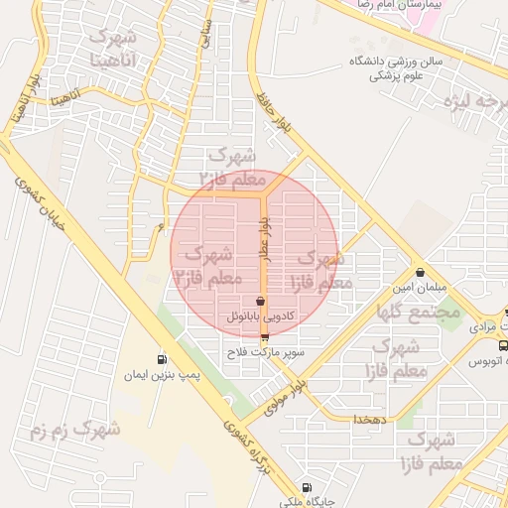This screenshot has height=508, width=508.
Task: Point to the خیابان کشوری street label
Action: [x=41, y=208]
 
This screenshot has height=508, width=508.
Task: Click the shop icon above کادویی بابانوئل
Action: [x=260, y=300]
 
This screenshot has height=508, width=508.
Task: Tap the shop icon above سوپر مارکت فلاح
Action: [x=264, y=337]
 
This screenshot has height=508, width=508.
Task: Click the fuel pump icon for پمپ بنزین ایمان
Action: [x=161, y=359]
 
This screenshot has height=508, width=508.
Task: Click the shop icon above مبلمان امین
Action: [x=420, y=271]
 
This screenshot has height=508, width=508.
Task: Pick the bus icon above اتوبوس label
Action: [x=504, y=345]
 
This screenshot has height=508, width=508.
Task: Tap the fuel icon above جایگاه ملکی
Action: [x=306, y=487]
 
